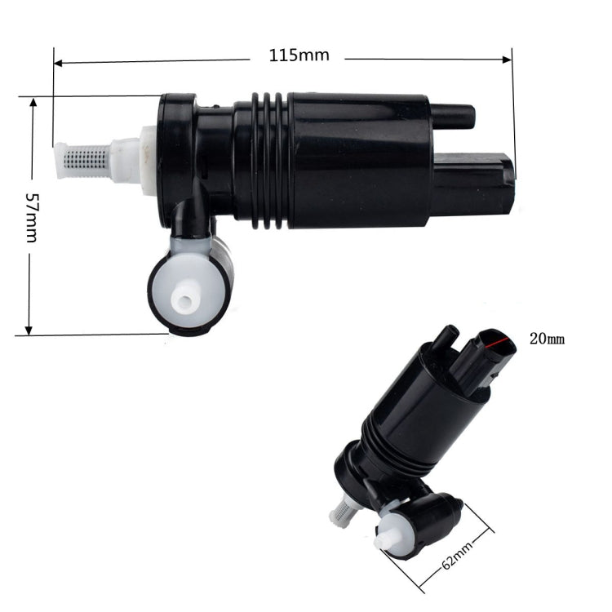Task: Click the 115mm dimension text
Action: [x=299, y=55]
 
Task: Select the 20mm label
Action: [x=547, y=338]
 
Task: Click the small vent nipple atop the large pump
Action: [x=453, y=115]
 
